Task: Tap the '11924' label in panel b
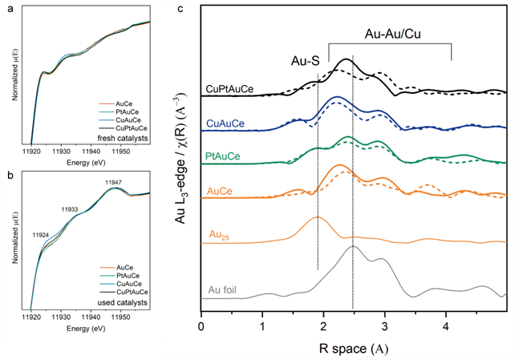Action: pos(41,236)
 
